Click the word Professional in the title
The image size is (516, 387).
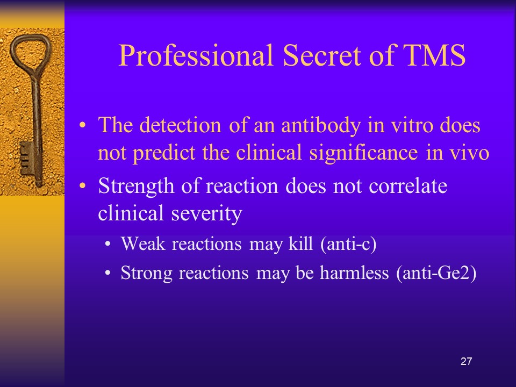196,56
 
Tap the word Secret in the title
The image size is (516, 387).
322,55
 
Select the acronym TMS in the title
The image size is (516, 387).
434,55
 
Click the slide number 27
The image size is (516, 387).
466,361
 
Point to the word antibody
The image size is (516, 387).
320,126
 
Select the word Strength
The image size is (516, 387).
136,187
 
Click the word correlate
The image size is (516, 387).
408,187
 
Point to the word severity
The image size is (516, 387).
206,214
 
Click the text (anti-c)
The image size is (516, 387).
348,244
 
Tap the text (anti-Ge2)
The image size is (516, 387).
436,273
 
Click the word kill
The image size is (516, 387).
300,243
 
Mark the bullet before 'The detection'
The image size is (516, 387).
82,125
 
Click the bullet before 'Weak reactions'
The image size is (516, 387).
107,245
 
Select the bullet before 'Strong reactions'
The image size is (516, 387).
107,273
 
